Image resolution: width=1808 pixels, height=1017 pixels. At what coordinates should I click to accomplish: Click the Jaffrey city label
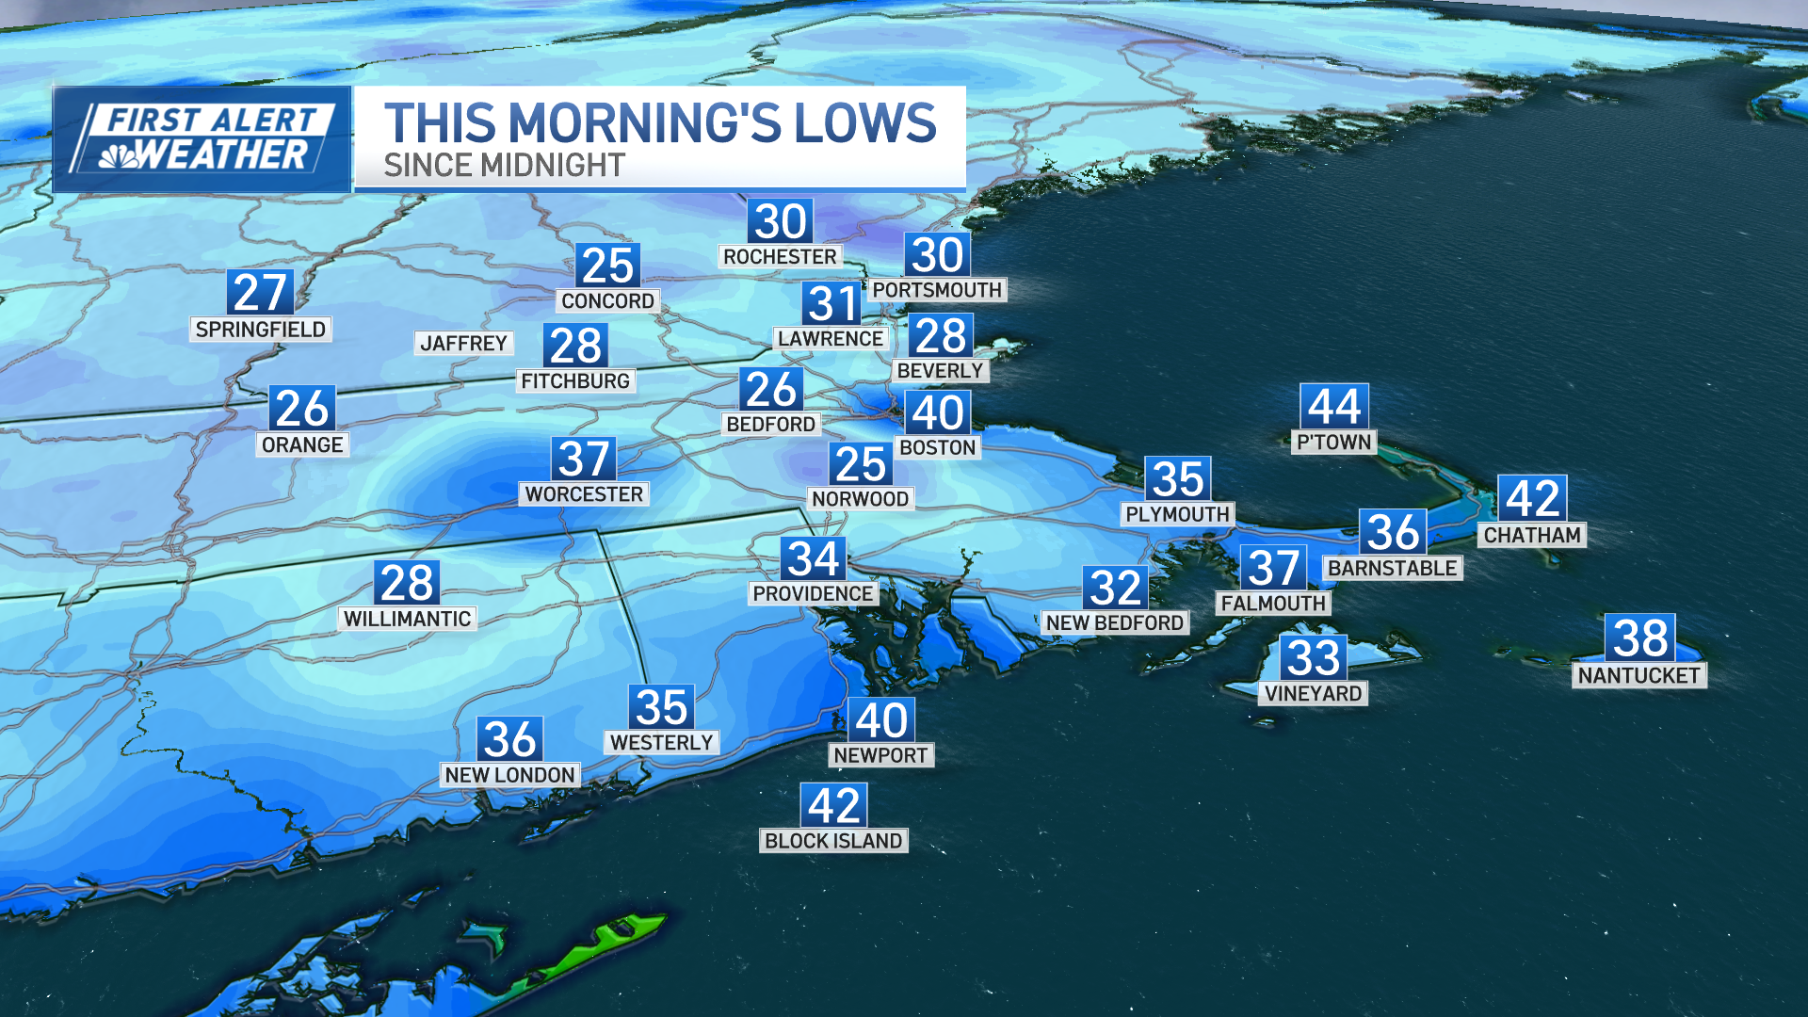point(463,344)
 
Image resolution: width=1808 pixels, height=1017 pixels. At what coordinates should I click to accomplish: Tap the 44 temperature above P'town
point(1333,407)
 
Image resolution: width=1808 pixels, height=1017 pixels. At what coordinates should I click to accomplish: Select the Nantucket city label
point(1638,675)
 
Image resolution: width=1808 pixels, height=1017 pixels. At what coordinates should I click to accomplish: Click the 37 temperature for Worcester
point(584,460)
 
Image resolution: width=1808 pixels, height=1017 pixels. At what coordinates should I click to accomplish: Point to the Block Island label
point(833,841)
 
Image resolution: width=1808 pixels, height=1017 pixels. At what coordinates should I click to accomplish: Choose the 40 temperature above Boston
point(937,412)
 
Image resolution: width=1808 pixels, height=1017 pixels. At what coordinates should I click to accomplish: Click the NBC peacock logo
point(120,156)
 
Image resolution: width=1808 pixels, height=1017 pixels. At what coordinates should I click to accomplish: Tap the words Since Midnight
point(504,166)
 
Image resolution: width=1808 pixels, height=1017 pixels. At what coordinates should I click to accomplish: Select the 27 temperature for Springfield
point(260,293)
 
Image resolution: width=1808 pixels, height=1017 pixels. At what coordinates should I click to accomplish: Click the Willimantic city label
point(407,619)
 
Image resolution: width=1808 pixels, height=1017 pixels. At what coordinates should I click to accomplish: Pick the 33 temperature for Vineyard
point(1313,658)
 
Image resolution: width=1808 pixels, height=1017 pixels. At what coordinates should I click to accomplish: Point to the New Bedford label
point(1115,622)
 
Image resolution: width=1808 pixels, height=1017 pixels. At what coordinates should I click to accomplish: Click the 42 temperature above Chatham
point(1532,498)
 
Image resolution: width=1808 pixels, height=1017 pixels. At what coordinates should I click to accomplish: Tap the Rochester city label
point(780,257)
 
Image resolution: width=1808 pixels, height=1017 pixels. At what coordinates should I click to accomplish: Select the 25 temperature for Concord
point(607,266)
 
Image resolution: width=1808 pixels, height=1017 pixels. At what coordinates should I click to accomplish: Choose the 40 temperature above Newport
point(881,720)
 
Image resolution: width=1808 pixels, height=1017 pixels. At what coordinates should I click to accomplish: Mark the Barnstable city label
point(1393,568)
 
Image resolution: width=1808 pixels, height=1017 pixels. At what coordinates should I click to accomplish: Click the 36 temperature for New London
point(509,739)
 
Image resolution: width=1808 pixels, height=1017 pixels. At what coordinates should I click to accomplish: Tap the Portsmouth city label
point(937,290)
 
